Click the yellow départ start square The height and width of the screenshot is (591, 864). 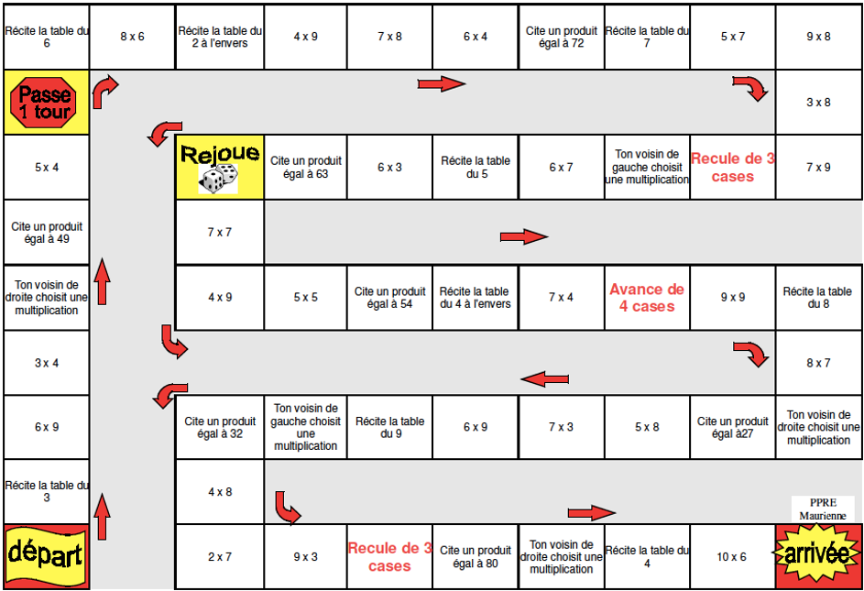[x=45, y=555]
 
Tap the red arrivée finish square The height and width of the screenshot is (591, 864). [x=818, y=555]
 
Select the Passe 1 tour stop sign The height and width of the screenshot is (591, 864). [x=45, y=102]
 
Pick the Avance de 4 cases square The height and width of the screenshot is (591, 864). [x=647, y=298]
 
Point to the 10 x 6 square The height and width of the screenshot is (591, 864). [x=732, y=556]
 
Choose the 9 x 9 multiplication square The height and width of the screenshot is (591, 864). [x=732, y=297]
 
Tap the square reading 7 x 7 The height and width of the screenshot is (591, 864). [x=219, y=232]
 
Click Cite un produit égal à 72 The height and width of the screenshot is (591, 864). [x=561, y=37]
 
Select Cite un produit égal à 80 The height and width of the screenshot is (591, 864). [x=475, y=556]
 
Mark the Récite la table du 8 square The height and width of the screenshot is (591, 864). [x=818, y=297]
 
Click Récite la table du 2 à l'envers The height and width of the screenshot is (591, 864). [x=219, y=37]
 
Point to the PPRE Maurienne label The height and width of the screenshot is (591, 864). [x=823, y=509]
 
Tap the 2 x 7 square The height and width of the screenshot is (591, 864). [x=219, y=556]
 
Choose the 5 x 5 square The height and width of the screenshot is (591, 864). [x=305, y=297]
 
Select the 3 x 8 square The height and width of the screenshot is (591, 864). [x=818, y=102]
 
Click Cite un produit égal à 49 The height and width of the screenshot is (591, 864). [x=47, y=232]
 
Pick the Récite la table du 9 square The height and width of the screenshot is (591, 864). [x=389, y=427]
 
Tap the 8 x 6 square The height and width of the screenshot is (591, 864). [x=132, y=37]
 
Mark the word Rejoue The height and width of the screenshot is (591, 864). [x=219, y=152]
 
